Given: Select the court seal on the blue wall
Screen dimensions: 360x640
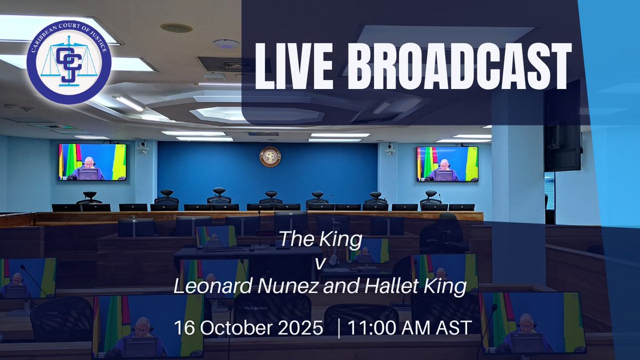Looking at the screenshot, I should [270, 156].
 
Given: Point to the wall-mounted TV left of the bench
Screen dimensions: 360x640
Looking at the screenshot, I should [93, 162].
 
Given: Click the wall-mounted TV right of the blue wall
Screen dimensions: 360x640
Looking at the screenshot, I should [447, 164].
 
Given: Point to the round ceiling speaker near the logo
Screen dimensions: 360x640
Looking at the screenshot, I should [175, 27].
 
